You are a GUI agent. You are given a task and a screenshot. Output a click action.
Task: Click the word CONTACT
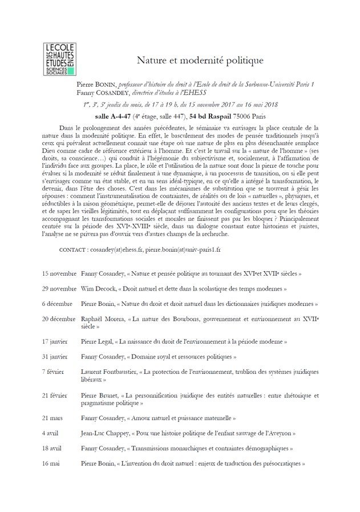click(72, 249)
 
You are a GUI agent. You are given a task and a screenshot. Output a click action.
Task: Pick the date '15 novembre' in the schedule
click(59, 273)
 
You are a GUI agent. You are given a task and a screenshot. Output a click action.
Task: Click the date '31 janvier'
click(56, 356)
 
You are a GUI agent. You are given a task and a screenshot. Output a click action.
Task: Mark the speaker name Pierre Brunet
click(99, 394)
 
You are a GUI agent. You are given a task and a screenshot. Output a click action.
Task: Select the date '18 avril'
click(52, 448)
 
